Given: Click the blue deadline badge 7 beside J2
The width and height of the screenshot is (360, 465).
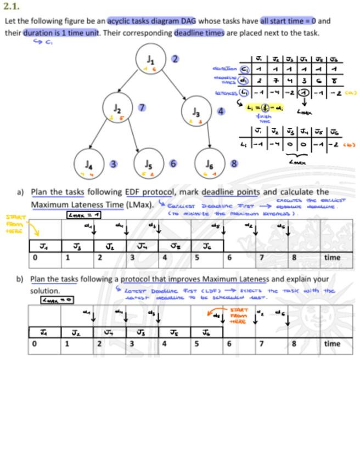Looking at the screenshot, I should pyautogui.click(x=142, y=107).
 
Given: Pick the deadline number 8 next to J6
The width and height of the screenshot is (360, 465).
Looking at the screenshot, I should pyautogui.click(x=234, y=163).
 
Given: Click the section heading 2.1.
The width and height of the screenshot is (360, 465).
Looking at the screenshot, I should pyautogui.click(x=11, y=7).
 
